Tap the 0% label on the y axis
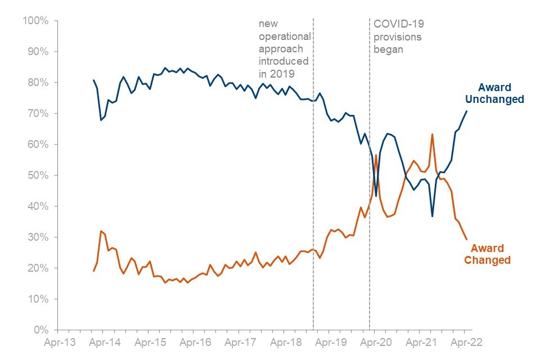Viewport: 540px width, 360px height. click(x=41, y=330)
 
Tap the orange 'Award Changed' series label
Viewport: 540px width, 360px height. click(x=487, y=254)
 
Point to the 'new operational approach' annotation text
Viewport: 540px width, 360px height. click(x=284, y=49)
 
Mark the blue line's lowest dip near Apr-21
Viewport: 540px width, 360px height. click(x=432, y=216)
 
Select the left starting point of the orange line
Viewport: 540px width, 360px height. click(x=93, y=271)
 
